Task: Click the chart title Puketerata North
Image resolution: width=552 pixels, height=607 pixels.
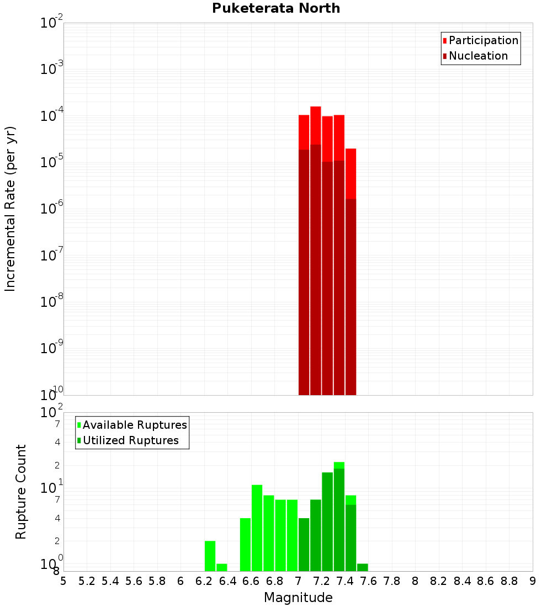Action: [276, 8]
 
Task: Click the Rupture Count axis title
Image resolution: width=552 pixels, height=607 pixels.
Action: [21, 492]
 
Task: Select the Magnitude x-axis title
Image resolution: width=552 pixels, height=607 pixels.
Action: [298, 598]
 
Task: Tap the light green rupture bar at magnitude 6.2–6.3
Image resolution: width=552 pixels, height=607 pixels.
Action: [210, 556]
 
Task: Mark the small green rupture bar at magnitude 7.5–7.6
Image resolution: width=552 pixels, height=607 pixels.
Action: [362, 567]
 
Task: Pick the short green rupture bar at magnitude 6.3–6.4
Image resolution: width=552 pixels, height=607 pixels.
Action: [221, 567]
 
